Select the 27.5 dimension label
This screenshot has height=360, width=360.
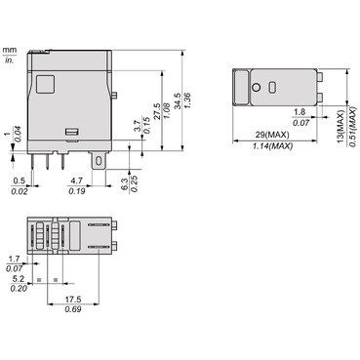tap(157, 111)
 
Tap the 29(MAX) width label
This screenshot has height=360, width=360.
tap(272, 135)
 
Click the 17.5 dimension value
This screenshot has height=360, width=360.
tap(73, 300)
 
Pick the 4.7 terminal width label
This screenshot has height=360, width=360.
tap(77, 180)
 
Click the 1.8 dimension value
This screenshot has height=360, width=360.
tap(300, 112)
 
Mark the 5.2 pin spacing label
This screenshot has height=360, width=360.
tap(19, 279)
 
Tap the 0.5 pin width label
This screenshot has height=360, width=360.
tap(19, 180)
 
